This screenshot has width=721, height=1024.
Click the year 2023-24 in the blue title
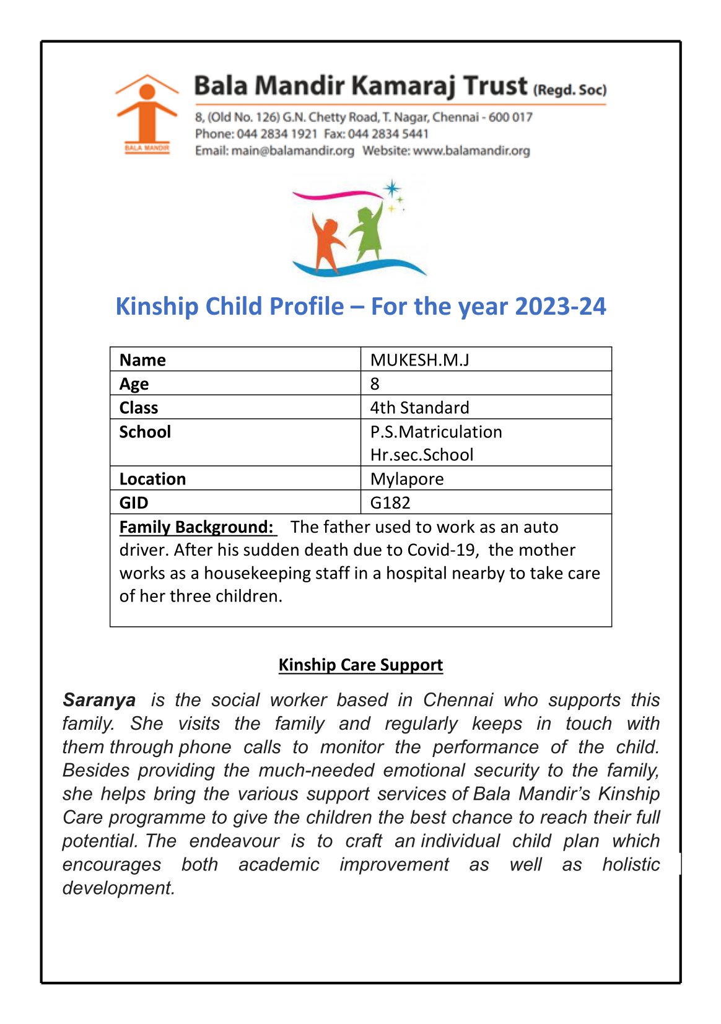(x=560, y=307)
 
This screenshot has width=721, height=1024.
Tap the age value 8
(x=375, y=384)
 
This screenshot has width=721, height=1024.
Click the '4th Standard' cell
(x=419, y=408)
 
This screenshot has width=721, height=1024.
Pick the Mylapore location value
(x=407, y=479)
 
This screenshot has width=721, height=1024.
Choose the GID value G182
(x=390, y=502)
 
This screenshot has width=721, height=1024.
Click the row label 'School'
(x=145, y=432)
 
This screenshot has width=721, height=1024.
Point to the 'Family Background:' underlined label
(x=196, y=527)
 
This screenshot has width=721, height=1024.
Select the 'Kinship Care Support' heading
(x=360, y=665)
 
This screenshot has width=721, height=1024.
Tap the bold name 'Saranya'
(x=99, y=700)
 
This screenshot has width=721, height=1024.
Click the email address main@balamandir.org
(x=292, y=151)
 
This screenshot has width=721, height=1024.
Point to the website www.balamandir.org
(x=471, y=151)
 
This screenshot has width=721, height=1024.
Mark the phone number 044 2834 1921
(x=277, y=134)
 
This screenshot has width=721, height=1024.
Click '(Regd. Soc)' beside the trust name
(x=570, y=90)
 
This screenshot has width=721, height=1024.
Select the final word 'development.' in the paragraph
(x=118, y=888)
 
